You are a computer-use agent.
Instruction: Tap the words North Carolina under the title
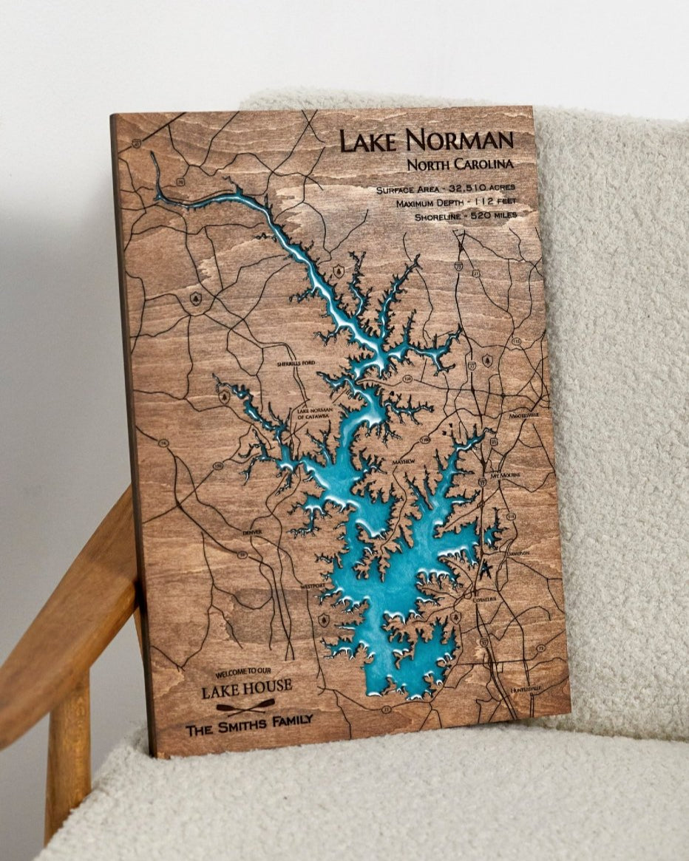click(x=460, y=164)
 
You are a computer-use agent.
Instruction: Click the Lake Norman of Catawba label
click(x=315, y=412)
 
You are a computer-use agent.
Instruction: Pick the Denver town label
click(x=252, y=531)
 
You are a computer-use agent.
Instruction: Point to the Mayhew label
click(x=404, y=461)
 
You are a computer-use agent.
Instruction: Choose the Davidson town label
click(x=518, y=552)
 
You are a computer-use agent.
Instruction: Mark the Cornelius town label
click(x=485, y=598)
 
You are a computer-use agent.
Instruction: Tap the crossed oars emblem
click(x=245, y=706)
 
